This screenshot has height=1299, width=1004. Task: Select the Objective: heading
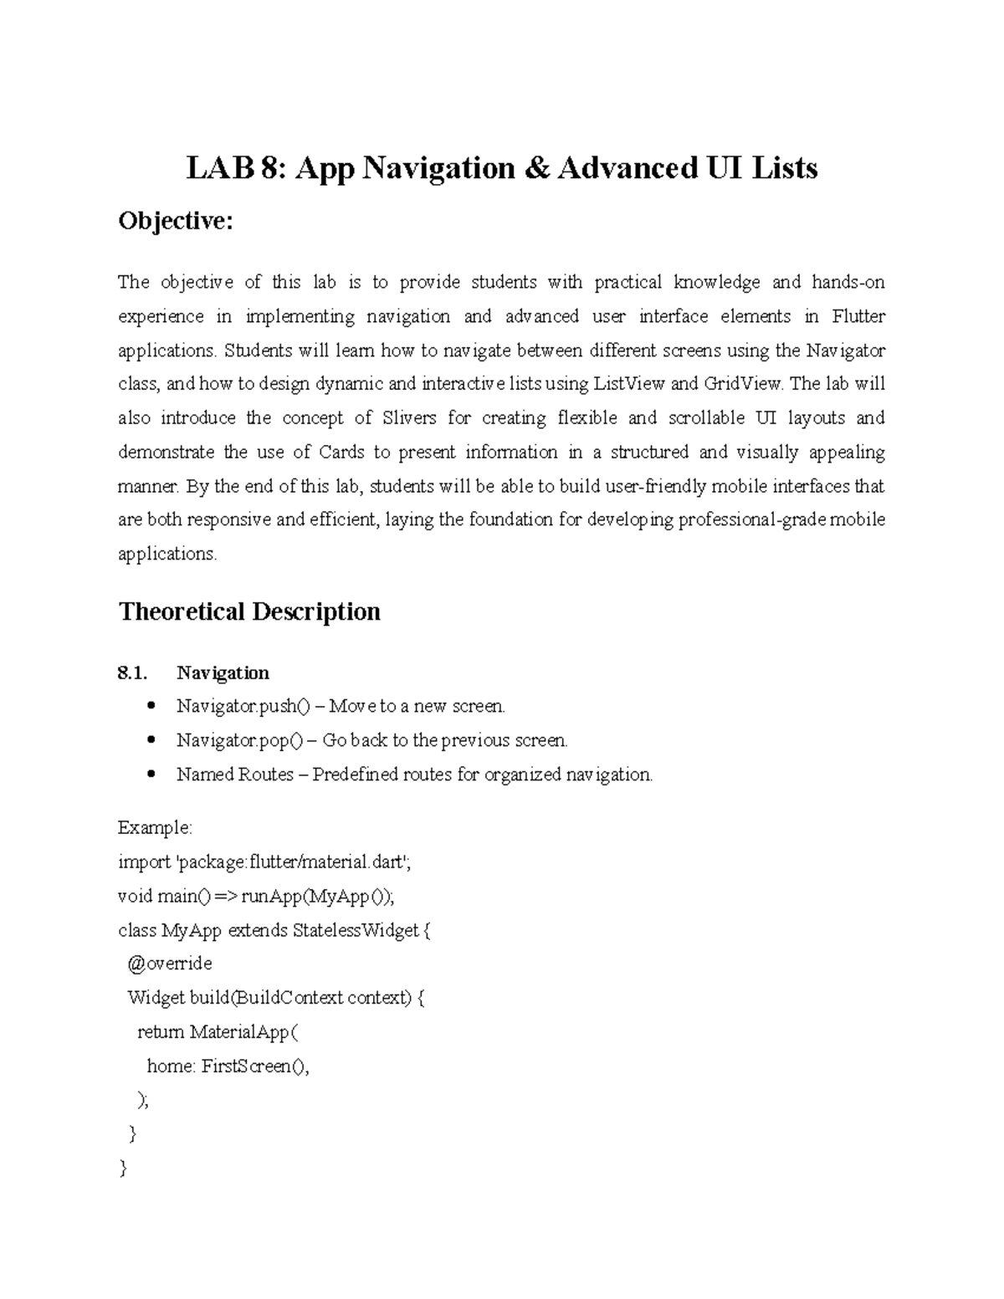[175, 222]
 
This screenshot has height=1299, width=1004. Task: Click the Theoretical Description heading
[249, 611]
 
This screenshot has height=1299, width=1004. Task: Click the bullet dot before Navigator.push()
[151, 706]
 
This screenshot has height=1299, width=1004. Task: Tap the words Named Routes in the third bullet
[234, 775]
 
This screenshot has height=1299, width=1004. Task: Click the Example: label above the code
[155, 828]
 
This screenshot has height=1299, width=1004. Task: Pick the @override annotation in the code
[169, 964]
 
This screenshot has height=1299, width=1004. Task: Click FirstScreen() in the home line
[254, 1066]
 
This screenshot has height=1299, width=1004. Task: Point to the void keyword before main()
[135, 897]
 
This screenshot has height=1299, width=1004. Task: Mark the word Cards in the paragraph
[341, 453]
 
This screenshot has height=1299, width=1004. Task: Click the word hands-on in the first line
[848, 282]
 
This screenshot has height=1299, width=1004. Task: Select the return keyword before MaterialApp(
[160, 1032]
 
